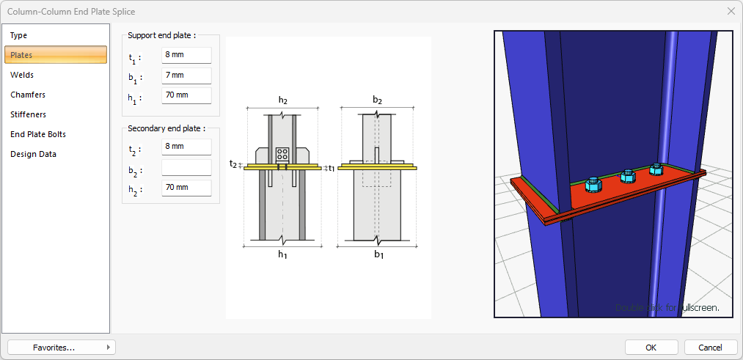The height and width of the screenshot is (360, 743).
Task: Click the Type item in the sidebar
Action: point(19,35)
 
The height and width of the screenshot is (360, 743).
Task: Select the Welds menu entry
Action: point(22,75)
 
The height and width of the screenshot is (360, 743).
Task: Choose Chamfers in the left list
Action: point(28,95)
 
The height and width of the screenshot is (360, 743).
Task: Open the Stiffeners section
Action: point(28,114)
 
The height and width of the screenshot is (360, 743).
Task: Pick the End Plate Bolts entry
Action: point(38,134)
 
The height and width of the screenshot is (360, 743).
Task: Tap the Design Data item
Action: point(33,154)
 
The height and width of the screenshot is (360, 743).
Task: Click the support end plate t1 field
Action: point(186,56)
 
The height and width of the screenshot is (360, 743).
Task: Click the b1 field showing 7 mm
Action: point(186,76)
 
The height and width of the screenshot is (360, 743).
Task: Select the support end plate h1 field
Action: point(186,95)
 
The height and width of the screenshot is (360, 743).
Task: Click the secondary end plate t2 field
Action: point(186,147)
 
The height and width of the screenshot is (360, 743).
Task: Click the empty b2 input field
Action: point(186,167)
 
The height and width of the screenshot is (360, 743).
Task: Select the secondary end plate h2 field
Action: point(186,188)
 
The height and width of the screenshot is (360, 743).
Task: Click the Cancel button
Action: point(710,347)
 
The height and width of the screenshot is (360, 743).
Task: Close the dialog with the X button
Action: point(731,11)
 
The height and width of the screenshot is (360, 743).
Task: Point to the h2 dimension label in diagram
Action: point(283,100)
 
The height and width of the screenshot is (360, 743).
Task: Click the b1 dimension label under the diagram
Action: point(378,254)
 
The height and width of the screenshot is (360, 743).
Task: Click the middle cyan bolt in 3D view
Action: point(627,176)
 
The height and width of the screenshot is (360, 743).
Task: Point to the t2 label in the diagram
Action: point(233,164)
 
